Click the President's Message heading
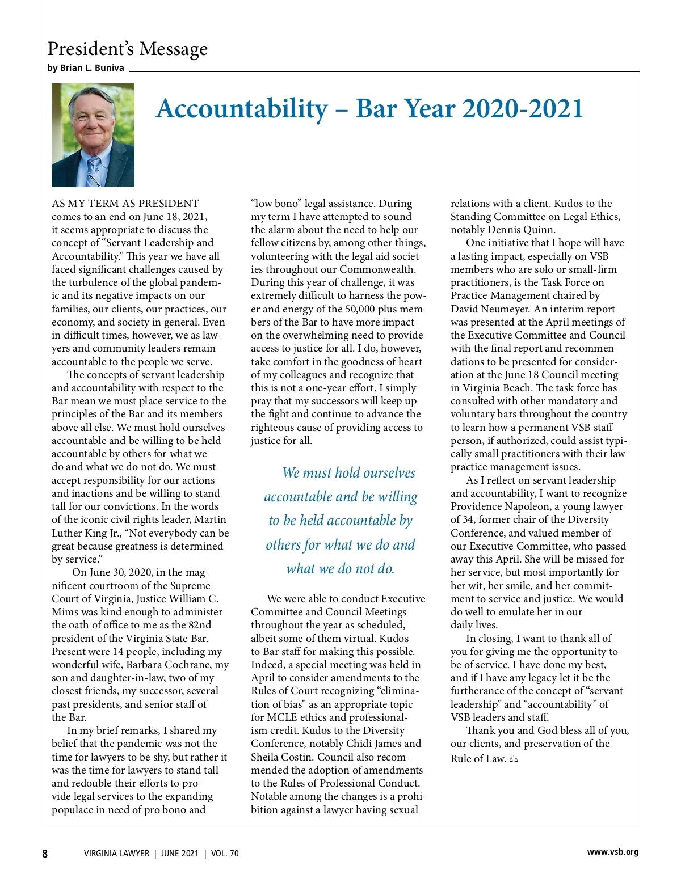point(128,49)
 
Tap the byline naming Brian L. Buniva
point(86,68)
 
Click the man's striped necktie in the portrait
point(95,171)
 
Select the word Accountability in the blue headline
point(242,109)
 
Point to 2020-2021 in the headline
point(523,108)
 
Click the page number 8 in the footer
point(45,854)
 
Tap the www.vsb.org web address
point(612,852)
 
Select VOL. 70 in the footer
point(225,854)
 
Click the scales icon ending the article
point(514,759)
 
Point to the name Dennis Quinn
point(522,230)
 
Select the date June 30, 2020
point(112,572)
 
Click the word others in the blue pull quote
point(284,545)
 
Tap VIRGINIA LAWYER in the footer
point(116,854)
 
